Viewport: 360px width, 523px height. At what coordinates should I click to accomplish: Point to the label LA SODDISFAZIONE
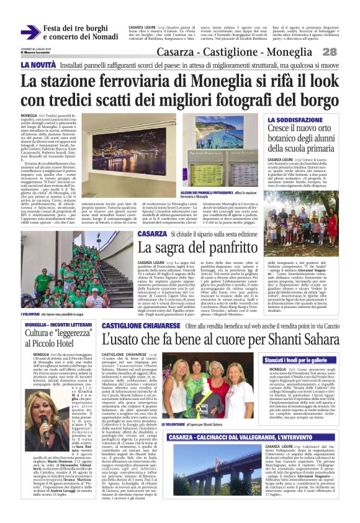[295, 119]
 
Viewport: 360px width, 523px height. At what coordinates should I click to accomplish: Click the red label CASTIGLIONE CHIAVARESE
[140, 325]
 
